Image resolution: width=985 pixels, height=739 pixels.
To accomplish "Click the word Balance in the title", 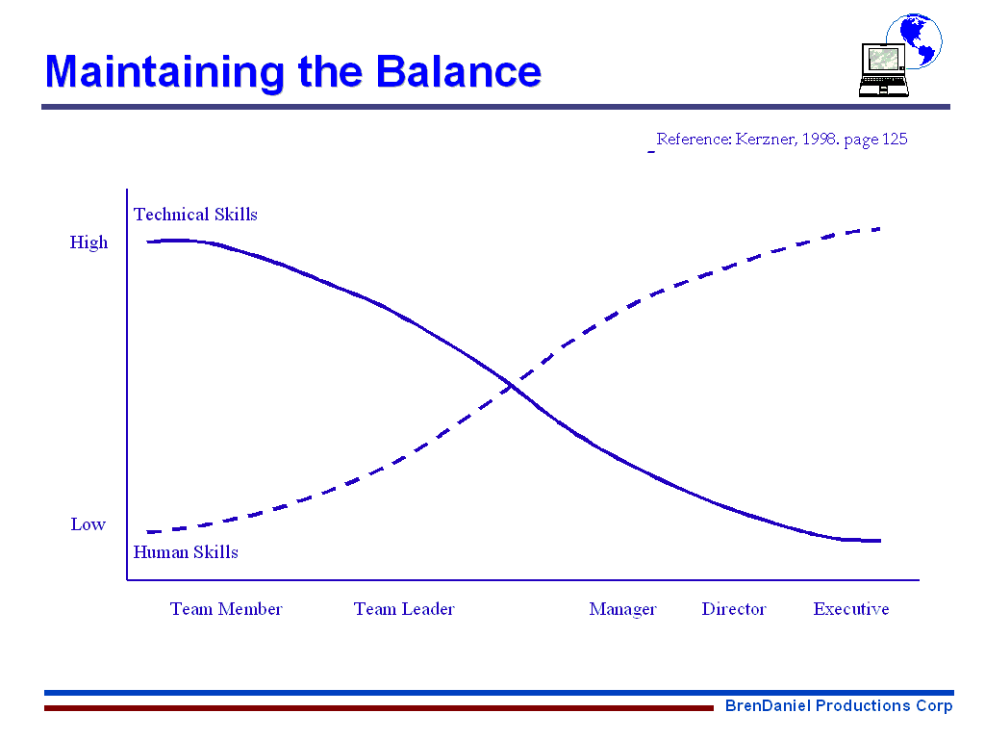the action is tap(458, 71).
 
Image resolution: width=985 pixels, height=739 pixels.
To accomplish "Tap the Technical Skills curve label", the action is tap(195, 215).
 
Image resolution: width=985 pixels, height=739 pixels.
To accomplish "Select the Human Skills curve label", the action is tap(186, 552).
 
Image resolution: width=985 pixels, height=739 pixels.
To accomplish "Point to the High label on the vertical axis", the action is tap(88, 243).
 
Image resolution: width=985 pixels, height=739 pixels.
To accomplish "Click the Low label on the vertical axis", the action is tap(88, 524).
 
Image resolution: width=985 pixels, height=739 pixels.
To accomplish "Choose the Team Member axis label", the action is tap(226, 609).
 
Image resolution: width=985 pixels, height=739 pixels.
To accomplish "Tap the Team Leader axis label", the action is tap(404, 609).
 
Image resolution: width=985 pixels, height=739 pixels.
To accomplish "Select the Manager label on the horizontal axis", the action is tap(622, 609).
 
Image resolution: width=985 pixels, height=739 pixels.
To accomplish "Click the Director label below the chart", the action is tap(734, 609).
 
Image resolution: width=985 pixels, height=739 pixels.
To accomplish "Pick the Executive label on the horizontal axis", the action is tap(851, 609).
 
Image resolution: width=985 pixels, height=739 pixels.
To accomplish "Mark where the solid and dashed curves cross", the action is tap(512, 385).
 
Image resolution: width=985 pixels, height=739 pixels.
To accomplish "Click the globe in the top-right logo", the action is tap(917, 38).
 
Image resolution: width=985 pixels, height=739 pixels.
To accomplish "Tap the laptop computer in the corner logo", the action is tap(883, 69).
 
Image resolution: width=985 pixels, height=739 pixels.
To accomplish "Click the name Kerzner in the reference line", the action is tap(767, 139).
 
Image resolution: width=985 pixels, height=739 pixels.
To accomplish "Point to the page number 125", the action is tap(895, 139).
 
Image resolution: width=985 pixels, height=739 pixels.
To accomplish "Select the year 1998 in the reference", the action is tap(821, 139).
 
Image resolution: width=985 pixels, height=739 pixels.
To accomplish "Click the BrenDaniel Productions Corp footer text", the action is tap(839, 705).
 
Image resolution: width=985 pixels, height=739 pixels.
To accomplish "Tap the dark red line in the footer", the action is tap(379, 708).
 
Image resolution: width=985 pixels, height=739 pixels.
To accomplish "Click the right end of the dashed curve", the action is tap(879, 229).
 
